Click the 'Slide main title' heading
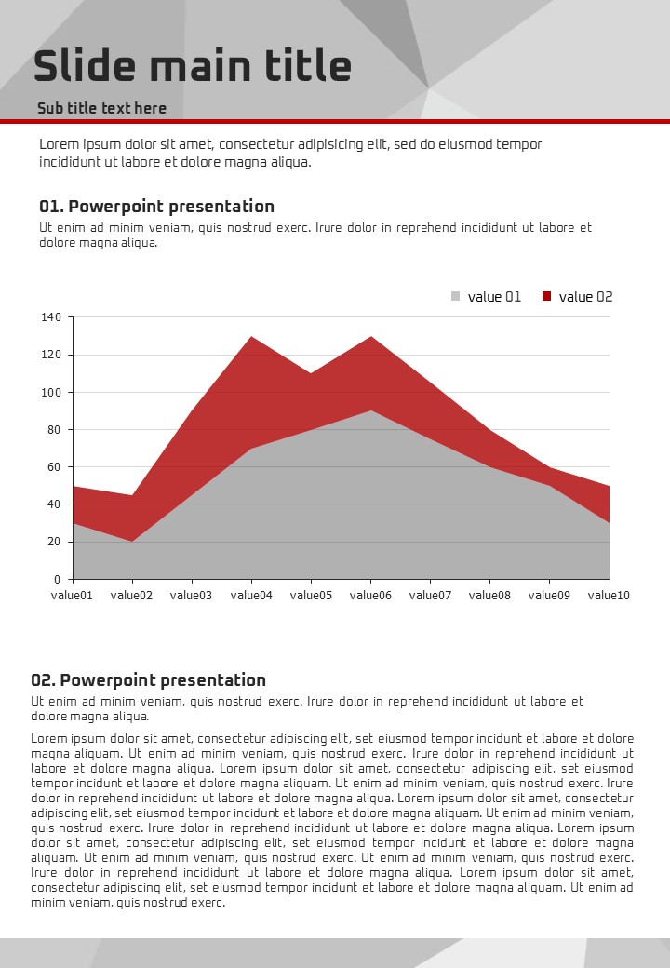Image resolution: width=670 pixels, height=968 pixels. (193, 67)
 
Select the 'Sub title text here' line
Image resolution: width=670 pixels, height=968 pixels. (101, 108)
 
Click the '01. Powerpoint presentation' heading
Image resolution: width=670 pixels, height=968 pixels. (156, 207)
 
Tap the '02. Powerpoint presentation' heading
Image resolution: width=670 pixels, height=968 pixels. (148, 680)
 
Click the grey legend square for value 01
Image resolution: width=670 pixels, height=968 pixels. (456, 297)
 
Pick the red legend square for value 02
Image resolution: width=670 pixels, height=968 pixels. (547, 297)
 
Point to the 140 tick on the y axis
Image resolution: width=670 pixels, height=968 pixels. (51, 317)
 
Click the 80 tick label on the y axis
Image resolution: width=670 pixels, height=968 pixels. (54, 430)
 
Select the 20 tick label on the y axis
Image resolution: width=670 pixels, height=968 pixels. (54, 542)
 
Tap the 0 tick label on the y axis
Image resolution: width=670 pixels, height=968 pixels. (58, 580)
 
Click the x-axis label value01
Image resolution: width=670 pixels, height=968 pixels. (72, 596)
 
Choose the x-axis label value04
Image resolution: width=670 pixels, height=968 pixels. (251, 596)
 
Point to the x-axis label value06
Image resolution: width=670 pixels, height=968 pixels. (370, 596)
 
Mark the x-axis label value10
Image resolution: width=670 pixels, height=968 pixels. (609, 596)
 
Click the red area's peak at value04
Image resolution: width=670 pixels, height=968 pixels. (251, 337)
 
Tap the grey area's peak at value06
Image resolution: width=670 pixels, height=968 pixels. (370, 410)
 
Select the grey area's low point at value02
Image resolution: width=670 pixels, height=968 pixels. (132, 541)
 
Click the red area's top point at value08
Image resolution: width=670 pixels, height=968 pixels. (489, 430)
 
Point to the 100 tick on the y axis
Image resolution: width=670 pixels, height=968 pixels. (51, 393)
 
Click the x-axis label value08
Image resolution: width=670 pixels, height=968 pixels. (489, 596)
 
